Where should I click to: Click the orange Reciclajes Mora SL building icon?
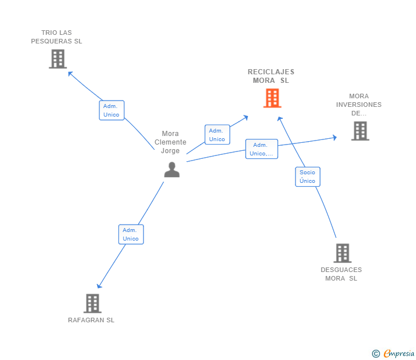tap(273, 98)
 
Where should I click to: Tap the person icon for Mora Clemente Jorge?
tap(171, 170)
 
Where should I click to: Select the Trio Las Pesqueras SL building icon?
tap(58, 59)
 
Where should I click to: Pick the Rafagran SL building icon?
tap(93, 303)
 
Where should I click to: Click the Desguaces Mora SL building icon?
tap(342, 253)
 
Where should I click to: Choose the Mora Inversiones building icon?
tap(359, 131)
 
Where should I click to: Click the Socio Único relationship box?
tap(307, 177)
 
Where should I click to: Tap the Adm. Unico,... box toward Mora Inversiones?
tap(262, 149)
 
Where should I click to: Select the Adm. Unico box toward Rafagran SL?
tap(131, 234)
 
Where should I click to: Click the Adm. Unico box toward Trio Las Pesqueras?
tap(111, 110)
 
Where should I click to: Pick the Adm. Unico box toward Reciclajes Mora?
tap(217, 135)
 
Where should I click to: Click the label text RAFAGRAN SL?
tap(91, 320)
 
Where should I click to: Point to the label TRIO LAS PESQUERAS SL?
tap(57, 37)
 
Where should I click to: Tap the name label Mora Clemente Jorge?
tap(170, 142)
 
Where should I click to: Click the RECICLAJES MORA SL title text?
tap(271, 76)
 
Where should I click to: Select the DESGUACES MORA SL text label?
tap(341, 274)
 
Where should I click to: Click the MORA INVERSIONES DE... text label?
tap(359, 105)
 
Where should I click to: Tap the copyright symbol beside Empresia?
tap(376, 354)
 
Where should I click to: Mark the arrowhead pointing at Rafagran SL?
tap(99, 286)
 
